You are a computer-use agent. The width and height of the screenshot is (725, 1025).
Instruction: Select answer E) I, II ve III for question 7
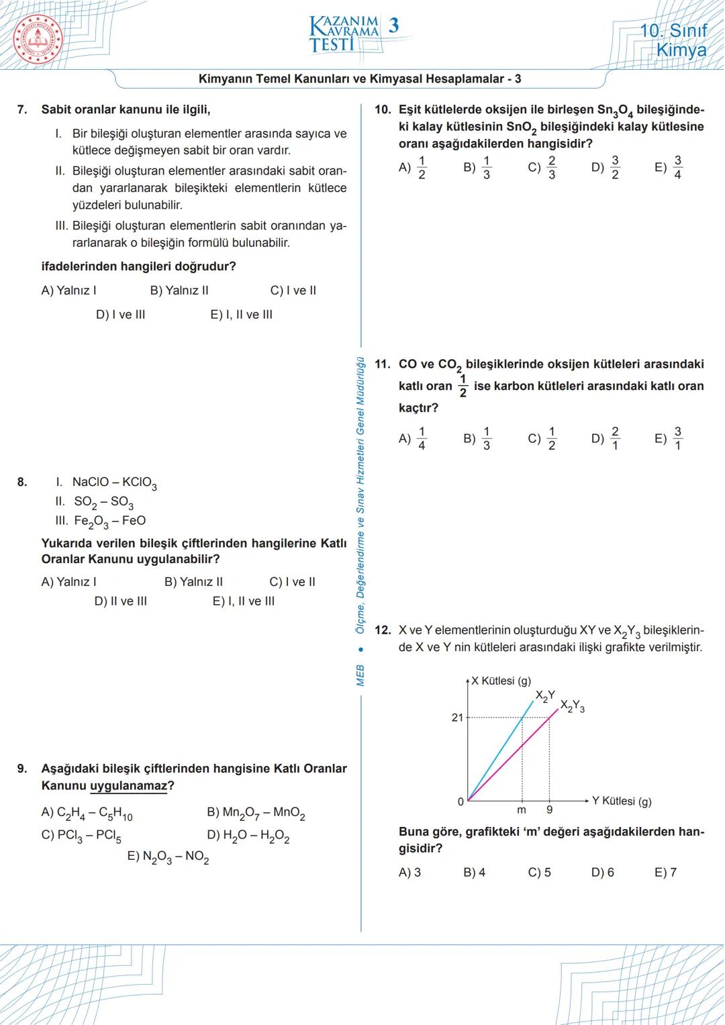coord(241,314)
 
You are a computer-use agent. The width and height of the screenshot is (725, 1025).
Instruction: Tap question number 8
coord(22,481)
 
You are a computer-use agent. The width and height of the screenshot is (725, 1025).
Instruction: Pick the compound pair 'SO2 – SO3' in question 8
coord(103,501)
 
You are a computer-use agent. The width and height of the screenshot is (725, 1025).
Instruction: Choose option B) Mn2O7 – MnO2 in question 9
coord(256,813)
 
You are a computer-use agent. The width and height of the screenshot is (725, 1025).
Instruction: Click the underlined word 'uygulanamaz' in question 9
coord(128,785)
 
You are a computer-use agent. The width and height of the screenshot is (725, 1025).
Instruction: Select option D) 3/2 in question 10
coord(606,168)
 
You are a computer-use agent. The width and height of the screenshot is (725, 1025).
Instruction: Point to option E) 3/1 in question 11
coord(669,438)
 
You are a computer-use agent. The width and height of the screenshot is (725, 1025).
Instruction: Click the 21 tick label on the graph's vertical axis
coord(457,717)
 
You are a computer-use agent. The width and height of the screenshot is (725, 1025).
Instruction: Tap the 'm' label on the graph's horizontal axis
coord(522,810)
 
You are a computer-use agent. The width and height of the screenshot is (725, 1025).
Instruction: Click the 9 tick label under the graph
coord(550,810)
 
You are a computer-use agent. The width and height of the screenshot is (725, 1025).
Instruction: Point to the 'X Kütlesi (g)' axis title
coord(500,681)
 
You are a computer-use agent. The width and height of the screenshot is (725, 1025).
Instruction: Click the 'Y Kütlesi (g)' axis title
coord(622,801)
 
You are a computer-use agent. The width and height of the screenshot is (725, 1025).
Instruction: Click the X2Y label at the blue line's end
coord(544,695)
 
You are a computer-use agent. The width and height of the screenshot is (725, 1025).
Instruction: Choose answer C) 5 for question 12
coord(540,872)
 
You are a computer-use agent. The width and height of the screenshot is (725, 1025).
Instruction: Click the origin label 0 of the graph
coord(461,801)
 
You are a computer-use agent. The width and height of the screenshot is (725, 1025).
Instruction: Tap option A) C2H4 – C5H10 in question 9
coord(87,813)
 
